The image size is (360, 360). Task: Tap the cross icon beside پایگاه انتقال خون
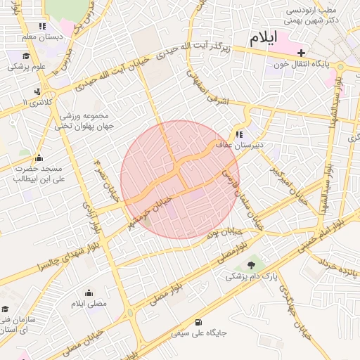point(302,53)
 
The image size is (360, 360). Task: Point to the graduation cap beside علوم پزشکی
point(26,56)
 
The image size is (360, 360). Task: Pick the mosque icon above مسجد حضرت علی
point(38,157)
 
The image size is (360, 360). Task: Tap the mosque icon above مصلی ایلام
point(89,292)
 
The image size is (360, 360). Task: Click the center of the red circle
point(179,179)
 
